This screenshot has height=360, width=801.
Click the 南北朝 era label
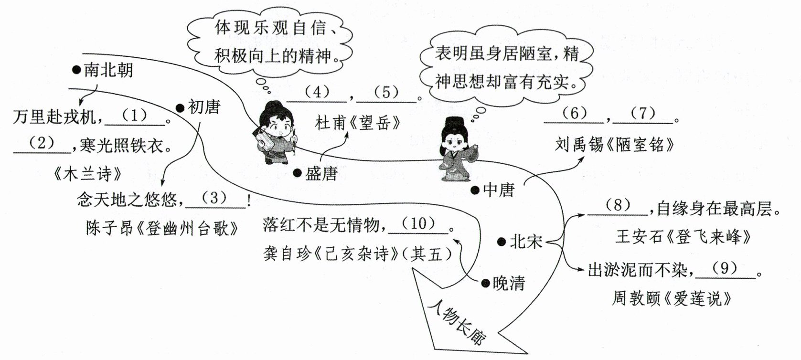click(x=108, y=70)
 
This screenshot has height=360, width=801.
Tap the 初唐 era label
click(x=203, y=107)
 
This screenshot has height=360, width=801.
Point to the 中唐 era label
click(x=499, y=190)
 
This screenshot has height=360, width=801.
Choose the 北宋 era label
click(x=525, y=242)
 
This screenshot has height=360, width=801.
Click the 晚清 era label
click(x=509, y=283)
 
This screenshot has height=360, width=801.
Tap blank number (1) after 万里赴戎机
click(x=134, y=116)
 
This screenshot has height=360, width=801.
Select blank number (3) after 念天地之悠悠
click(x=214, y=199)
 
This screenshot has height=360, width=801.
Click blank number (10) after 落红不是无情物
click(x=418, y=224)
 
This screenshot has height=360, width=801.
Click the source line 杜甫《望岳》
click(x=358, y=123)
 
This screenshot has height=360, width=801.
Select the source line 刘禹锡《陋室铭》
click(x=614, y=145)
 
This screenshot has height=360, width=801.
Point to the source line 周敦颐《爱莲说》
click(x=672, y=299)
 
